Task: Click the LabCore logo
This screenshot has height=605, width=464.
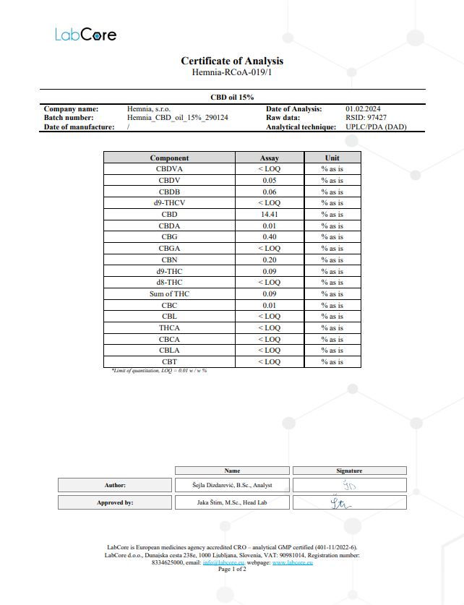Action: pos(86,34)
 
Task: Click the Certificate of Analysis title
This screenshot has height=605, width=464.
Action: pos(232,61)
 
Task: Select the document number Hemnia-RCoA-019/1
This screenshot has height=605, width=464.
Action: pos(232,73)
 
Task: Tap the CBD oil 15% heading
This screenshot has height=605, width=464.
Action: pos(232,97)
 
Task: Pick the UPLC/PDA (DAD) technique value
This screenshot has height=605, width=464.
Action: pos(377,126)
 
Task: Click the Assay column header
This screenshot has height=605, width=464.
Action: pos(269,158)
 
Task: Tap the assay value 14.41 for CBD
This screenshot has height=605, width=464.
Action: pos(269,215)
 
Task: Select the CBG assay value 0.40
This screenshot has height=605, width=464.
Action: pos(269,237)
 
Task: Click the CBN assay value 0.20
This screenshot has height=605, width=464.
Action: pos(269,259)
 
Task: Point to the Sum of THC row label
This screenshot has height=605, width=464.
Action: pos(169,293)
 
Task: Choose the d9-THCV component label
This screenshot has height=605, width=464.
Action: pos(169,203)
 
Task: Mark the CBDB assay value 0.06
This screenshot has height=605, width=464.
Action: pos(269,192)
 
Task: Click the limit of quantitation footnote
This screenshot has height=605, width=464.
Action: pos(159,370)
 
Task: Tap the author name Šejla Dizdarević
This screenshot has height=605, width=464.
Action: pos(233,485)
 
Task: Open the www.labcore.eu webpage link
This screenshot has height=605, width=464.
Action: pos(292,562)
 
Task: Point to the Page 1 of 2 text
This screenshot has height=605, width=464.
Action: pos(232,570)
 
